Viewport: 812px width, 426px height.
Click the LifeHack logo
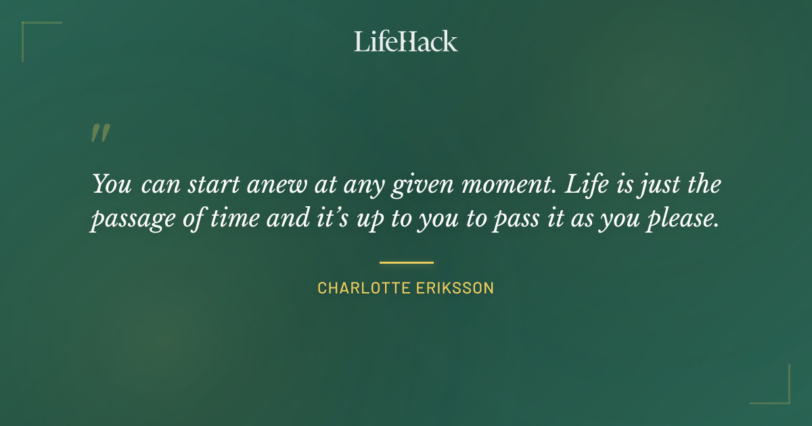(x=405, y=41)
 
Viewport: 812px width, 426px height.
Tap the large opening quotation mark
(x=100, y=133)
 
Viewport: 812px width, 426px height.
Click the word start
(x=214, y=185)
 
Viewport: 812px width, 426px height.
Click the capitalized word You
(x=112, y=184)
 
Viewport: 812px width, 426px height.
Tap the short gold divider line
(x=406, y=262)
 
